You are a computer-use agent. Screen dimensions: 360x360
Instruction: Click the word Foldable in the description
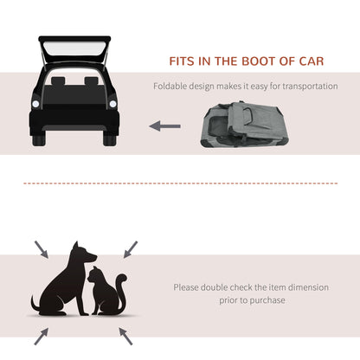coord(171,87)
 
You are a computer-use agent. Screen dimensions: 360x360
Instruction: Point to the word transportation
coord(304,87)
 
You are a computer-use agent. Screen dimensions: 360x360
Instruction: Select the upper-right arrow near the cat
coord(130,249)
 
